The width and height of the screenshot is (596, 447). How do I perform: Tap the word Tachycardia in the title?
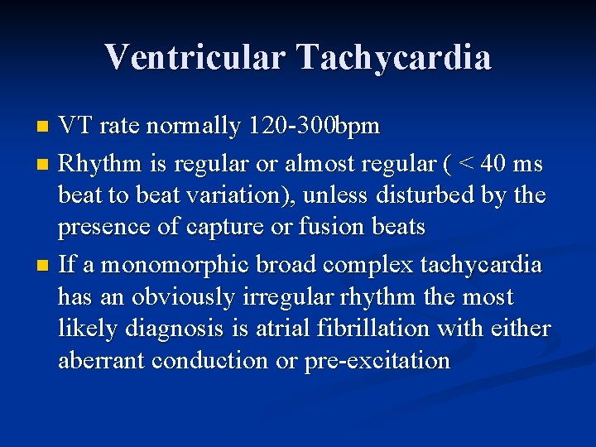coord(395,57)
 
